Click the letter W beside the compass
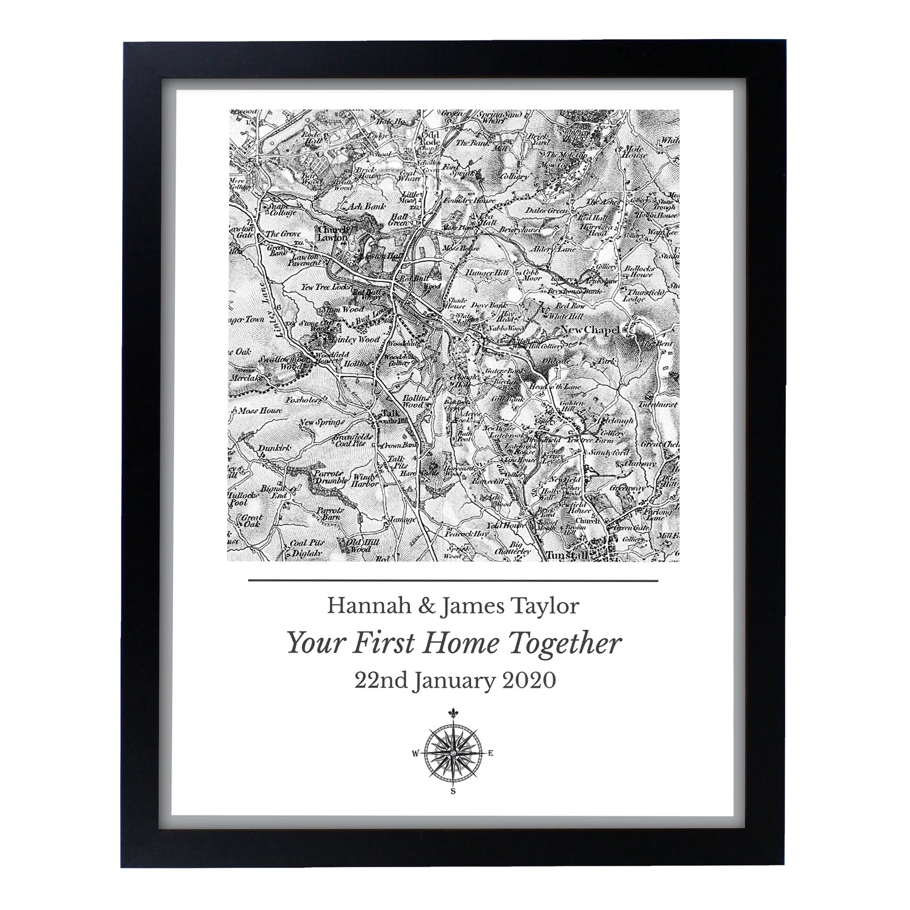(x=414, y=753)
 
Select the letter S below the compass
(x=453, y=792)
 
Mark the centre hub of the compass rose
(x=453, y=753)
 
